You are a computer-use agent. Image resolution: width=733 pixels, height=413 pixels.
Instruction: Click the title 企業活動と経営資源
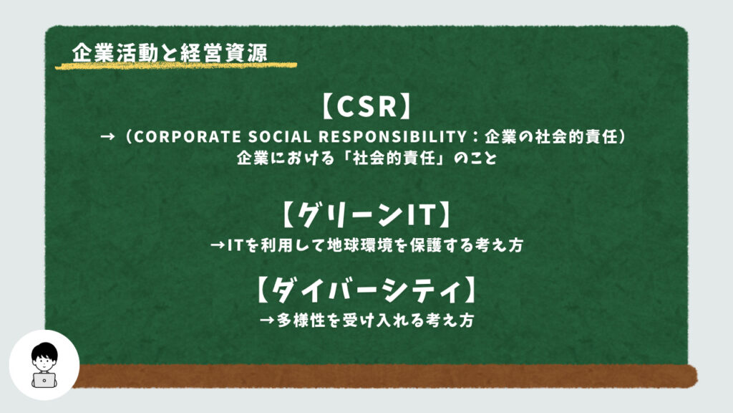[169, 52]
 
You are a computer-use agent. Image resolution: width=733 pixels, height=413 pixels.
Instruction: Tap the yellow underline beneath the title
[176, 65]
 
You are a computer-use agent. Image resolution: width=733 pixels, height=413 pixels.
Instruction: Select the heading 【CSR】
[366, 106]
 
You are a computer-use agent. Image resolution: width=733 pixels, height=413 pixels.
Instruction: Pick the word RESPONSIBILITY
[393, 137]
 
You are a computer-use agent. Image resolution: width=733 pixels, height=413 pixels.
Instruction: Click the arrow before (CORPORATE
[107, 137]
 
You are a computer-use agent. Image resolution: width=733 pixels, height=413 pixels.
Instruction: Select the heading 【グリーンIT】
[366, 214]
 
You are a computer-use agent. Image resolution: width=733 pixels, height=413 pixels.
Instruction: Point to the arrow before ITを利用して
[218, 245]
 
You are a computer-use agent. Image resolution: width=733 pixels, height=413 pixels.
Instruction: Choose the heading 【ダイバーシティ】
[366, 290]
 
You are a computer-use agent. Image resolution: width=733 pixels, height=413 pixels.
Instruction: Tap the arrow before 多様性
[267, 321]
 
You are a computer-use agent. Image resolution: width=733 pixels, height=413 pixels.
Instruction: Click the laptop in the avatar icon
[44, 380]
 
